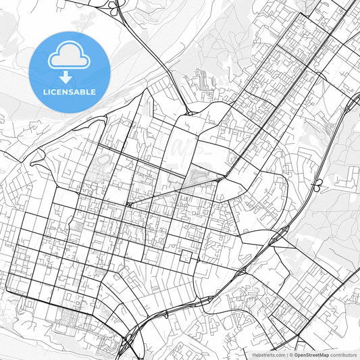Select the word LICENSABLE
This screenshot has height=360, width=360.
[70, 91]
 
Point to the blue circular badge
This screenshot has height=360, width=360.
[70, 70]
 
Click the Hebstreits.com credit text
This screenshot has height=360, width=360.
[269, 355]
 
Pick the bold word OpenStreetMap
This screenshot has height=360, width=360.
[311, 355]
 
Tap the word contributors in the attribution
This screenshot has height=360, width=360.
[344, 355]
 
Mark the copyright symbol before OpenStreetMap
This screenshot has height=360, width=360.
[291, 355]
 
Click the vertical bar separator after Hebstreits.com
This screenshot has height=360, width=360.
[286, 355]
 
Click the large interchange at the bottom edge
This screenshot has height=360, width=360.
[128, 341]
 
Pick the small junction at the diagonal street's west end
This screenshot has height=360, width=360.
[128, 203]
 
